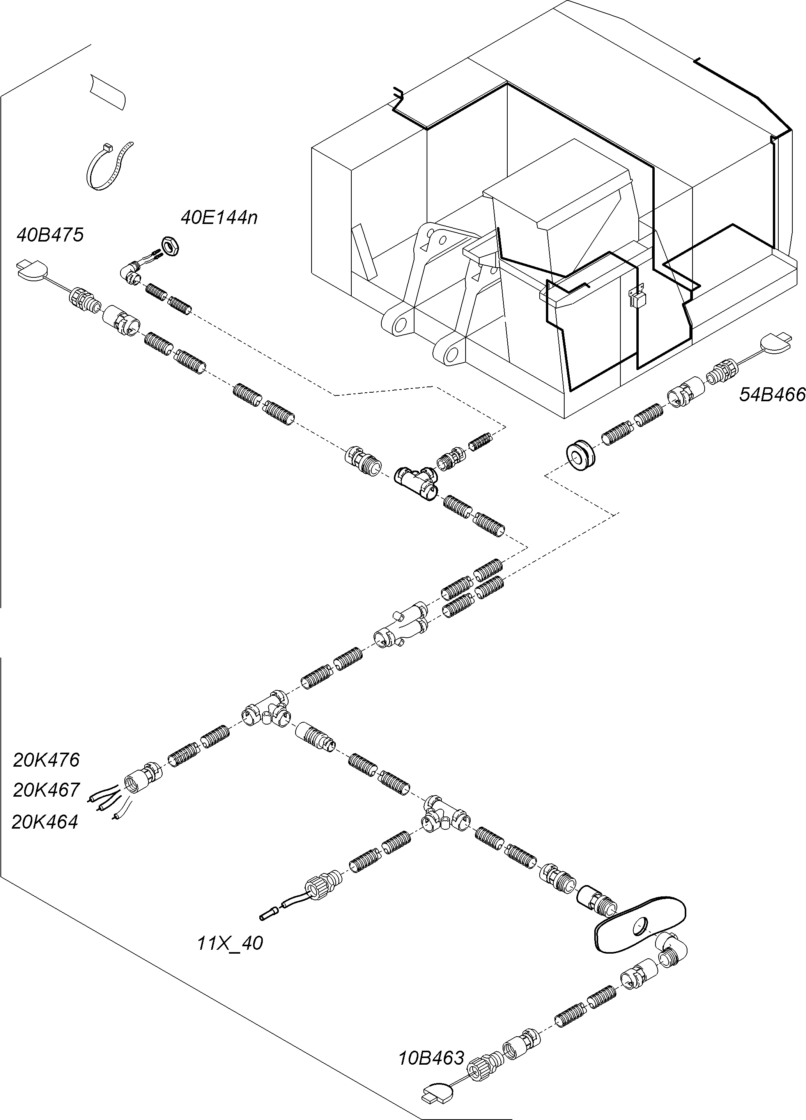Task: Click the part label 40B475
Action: [x=50, y=235]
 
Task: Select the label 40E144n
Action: [x=219, y=217]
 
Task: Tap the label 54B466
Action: [x=772, y=395]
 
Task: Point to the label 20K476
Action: [x=46, y=760]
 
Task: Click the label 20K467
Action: [x=46, y=790]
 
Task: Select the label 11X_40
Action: [x=230, y=943]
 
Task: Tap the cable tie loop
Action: [x=109, y=166]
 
